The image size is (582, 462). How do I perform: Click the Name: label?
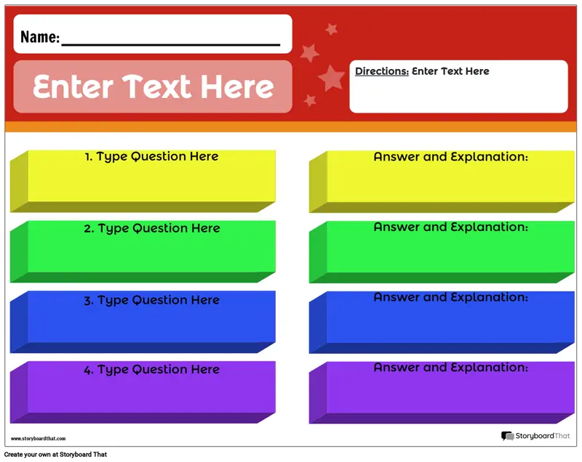(x=40, y=37)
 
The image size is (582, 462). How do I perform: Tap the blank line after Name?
(x=171, y=45)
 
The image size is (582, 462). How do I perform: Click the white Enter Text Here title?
(x=153, y=86)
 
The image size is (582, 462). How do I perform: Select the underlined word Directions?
(x=381, y=71)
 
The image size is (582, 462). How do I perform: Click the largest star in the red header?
(x=332, y=78)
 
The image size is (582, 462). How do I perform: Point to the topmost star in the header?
(x=331, y=29)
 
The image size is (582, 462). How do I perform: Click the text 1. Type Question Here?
(x=151, y=157)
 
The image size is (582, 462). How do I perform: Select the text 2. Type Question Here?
(x=152, y=229)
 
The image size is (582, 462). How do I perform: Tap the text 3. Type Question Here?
(x=151, y=300)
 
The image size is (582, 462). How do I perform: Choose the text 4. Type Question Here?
(x=151, y=370)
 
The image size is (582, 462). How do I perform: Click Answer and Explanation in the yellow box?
(x=450, y=157)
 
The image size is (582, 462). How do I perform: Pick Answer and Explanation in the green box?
(x=450, y=227)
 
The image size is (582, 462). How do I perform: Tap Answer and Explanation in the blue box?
(x=450, y=297)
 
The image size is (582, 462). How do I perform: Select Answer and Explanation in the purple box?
(x=450, y=367)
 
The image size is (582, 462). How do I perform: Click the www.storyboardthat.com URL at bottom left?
(x=39, y=439)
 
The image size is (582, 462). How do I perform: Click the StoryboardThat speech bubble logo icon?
(x=507, y=436)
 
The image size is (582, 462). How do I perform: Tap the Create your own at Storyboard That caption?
(x=56, y=455)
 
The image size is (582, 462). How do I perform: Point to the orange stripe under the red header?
(x=290, y=126)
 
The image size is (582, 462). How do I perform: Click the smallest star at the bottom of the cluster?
(x=310, y=100)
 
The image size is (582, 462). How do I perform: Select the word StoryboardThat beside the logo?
(x=543, y=436)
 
